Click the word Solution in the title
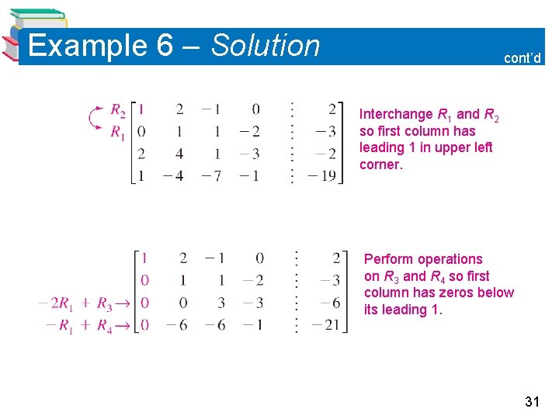(265, 46)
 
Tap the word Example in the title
(88, 46)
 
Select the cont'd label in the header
(523, 57)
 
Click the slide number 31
(532, 401)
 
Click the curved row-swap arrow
(97, 120)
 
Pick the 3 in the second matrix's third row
(220, 303)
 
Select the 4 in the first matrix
(180, 154)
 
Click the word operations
(451, 259)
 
